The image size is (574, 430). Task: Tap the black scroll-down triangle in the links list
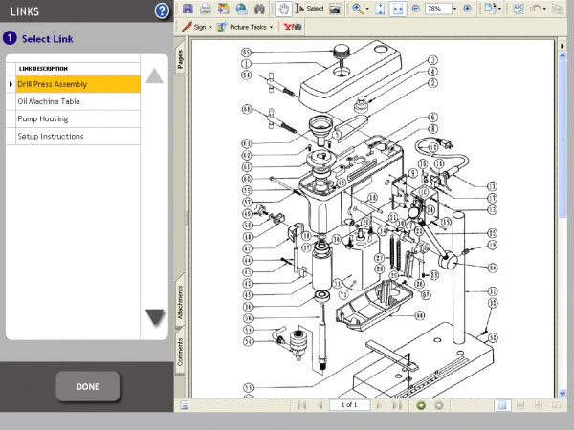click(x=155, y=317)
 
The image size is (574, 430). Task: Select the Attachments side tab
click(x=180, y=301)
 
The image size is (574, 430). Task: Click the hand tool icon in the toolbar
click(x=283, y=9)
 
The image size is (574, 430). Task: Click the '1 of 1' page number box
click(x=349, y=405)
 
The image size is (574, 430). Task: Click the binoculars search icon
click(x=257, y=9)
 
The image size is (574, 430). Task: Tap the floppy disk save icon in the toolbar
click(x=188, y=9)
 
